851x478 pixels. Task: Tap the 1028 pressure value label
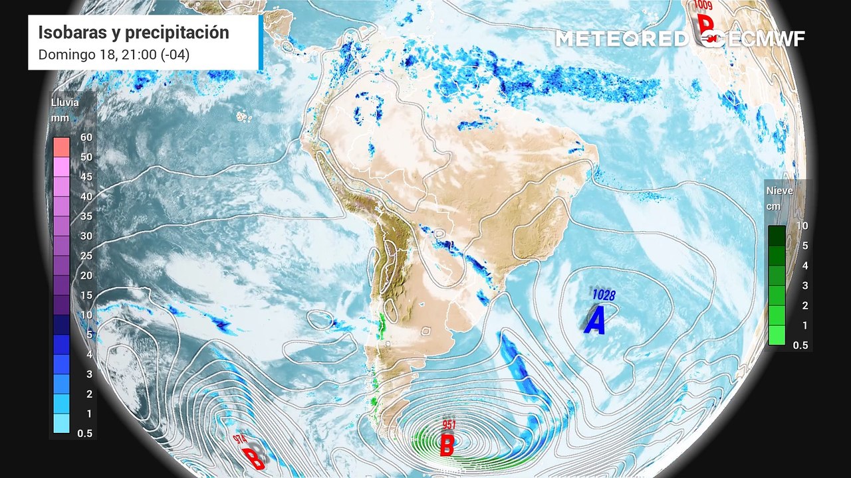click(x=603, y=295)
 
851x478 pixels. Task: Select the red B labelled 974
click(x=252, y=458)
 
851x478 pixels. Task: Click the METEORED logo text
click(x=622, y=39)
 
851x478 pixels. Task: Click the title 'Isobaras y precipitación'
click(x=133, y=33)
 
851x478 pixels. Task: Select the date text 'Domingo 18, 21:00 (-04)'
click(x=114, y=54)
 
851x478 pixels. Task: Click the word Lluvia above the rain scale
click(x=65, y=102)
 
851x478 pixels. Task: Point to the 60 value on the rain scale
click(x=86, y=137)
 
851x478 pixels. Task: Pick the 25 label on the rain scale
click(x=86, y=256)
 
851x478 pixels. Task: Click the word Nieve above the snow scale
click(x=779, y=191)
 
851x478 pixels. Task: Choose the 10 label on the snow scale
click(x=802, y=226)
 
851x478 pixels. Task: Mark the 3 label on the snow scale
click(x=802, y=285)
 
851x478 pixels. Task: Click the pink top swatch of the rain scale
click(x=61, y=146)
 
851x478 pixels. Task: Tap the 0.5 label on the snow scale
click(x=800, y=345)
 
